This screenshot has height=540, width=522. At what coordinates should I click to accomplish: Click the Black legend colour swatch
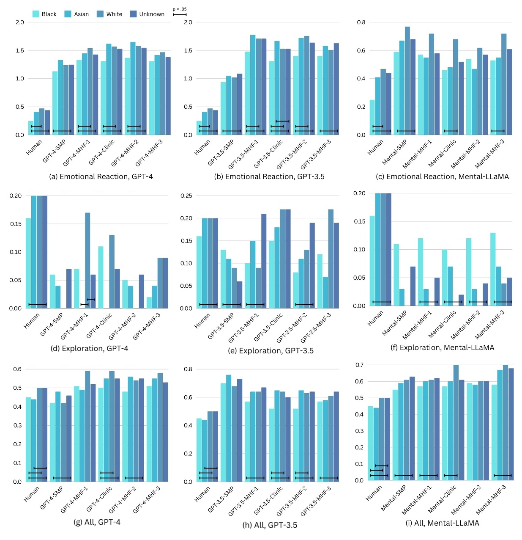[x=36, y=14]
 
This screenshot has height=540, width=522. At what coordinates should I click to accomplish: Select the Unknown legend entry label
[x=152, y=14]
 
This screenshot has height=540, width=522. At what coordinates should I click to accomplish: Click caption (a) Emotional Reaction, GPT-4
[x=101, y=176]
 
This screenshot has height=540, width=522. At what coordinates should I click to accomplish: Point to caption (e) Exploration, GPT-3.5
[x=271, y=350]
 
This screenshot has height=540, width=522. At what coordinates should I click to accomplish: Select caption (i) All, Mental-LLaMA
[x=442, y=523]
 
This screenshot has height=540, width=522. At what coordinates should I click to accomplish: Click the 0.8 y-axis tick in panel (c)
[x=361, y=22]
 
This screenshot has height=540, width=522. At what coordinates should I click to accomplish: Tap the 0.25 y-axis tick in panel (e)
[x=186, y=196]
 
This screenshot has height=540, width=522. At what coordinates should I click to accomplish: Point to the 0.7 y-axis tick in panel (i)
[x=359, y=365]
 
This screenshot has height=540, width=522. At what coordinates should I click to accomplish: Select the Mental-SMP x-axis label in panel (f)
[x=395, y=323]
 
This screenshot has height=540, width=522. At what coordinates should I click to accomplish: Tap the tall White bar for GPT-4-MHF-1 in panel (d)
[x=87, y=260]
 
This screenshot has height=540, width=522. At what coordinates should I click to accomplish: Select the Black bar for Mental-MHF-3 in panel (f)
[x=493, y=270]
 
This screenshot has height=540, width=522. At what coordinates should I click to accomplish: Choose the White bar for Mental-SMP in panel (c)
[x=407, y=80]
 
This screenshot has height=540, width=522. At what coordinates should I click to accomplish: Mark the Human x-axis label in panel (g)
[x=32, y=494]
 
